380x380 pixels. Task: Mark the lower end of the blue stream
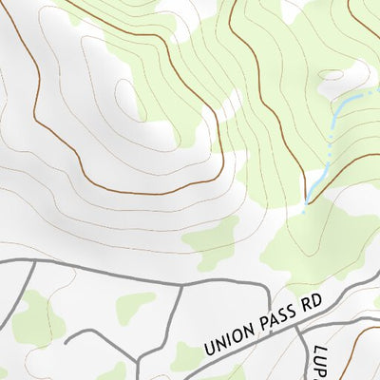coord(306,202)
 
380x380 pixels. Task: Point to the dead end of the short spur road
coord(66,340)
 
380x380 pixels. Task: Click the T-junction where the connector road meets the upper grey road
coord(180,283)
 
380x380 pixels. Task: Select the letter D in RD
coord(318,298)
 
